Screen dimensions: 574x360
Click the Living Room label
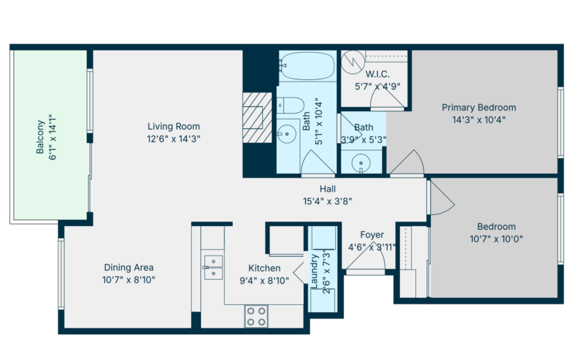[x=174, y=126]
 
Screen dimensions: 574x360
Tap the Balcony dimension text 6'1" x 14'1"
[x=52, y=138]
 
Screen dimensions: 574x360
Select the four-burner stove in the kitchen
[x=256, y=317]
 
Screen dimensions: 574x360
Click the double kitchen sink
[x=213, y=267]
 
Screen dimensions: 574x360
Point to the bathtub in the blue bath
[x=307, y=66]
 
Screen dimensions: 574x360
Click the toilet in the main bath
[x=290, y=105]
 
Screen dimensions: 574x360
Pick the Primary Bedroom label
[x=479, y=107]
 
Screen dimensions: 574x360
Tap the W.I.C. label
[x=378, y=74]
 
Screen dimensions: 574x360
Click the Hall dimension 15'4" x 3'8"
[x=327, y=201]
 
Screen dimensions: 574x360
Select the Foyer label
[x=372, y=235]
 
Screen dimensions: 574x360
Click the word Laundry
[x=314, y=271]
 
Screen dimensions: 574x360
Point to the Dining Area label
[x=129, y=267]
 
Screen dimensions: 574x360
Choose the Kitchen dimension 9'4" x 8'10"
[x=264, y=280]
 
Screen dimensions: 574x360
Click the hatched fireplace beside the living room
[x=257, y=117]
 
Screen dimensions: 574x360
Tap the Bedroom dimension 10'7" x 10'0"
[x=496, y=239]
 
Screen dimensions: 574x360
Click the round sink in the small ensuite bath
[x=361, y=163]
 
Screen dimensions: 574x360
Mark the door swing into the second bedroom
[x=443, y=198]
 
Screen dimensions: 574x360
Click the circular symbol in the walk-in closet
[x=353, y=61]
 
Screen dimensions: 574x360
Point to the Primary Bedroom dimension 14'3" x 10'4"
[x=479, y=120]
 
